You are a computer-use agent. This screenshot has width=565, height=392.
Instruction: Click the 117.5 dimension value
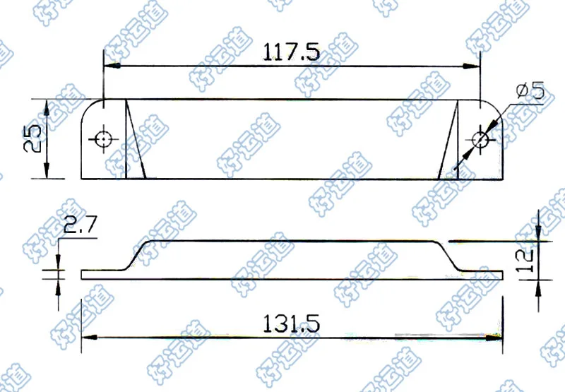click(x=291, y=52)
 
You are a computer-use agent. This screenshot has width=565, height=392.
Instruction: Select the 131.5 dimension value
click(x=291, y=323)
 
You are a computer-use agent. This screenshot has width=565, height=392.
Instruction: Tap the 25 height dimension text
click(x=32, y=139)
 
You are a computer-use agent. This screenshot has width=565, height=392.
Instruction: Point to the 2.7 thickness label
click(x=80, y=225)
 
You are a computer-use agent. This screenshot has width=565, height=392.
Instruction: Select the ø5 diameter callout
click(x=530, y=90)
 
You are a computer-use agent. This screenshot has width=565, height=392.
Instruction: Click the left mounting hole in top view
click(x=103, y=138)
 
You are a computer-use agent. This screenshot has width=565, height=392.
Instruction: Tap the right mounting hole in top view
click(x=480, y=139)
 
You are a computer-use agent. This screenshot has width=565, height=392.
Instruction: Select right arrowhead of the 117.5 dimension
click(x=472, y=66)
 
